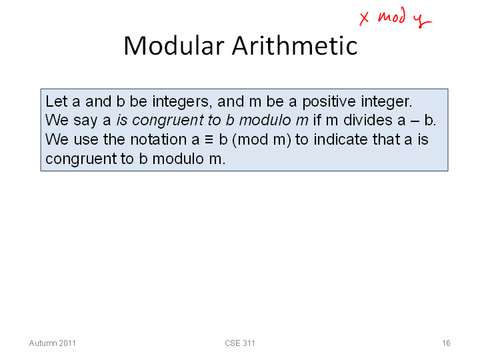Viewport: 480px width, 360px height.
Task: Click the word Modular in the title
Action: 174,45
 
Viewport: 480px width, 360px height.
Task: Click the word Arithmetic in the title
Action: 295,45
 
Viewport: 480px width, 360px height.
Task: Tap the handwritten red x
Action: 364,18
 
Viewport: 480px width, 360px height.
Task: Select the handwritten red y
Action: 422,21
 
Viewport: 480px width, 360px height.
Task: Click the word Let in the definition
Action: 56,101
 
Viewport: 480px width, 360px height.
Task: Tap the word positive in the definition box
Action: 329,102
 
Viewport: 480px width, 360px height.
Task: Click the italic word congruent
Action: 167,121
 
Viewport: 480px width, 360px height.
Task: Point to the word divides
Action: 367,120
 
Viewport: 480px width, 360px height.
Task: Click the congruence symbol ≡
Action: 209,140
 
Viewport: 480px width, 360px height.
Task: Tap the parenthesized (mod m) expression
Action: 262,140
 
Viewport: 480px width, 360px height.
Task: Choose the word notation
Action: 159,139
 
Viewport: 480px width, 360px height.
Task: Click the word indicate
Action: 341,139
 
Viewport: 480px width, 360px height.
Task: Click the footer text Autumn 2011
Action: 53,343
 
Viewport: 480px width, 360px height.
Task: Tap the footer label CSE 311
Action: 240,343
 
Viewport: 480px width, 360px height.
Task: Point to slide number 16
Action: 446,343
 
